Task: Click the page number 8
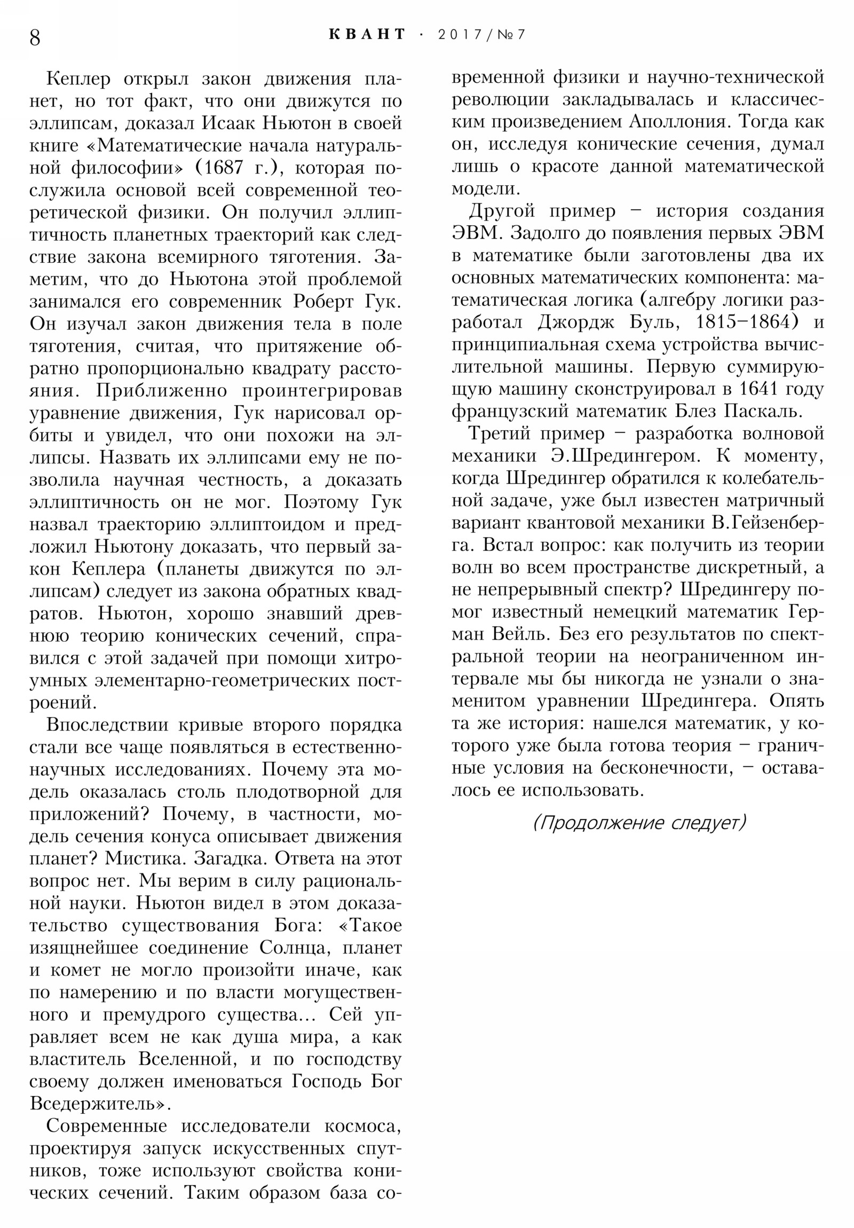tap(35, 37)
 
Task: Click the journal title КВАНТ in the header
tap(367, 34)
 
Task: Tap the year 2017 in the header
tap(460, 35)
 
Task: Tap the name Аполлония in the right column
tap(678, 122)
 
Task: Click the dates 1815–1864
tap(744, 322)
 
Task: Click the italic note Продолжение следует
tap(639, 822)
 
